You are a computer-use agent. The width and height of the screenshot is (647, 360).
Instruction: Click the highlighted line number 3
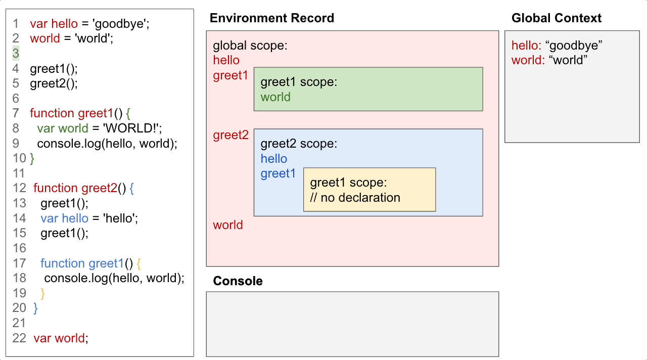(16, 53)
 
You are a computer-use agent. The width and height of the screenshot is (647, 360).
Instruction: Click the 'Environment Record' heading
(271, 18)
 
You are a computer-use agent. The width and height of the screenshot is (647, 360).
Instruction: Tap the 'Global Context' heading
(556, 18)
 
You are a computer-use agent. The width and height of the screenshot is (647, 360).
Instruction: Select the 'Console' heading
(238, 281)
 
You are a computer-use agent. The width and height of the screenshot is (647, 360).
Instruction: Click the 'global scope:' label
(250, 46)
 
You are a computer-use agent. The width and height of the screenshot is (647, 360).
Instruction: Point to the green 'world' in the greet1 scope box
(275, 97)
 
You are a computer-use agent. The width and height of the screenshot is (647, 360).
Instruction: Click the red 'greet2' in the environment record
(230, 135)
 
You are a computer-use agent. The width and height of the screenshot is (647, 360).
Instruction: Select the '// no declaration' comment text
(355, 197)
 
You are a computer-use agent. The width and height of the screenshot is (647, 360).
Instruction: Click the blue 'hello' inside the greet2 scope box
(273, 159)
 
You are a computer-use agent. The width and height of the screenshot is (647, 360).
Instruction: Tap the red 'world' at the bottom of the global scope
(227, 225)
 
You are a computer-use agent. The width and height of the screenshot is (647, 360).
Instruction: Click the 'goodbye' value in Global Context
(574, 46)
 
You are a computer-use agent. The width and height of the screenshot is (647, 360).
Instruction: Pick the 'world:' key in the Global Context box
(528, 60)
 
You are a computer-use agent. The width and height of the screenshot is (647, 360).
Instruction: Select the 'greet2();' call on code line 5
(54, 83)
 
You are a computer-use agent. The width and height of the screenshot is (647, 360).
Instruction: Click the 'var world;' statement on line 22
(61, 338)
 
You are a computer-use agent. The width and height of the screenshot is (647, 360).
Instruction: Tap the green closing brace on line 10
(32, 158)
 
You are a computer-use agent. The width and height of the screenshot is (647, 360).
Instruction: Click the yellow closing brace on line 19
(42, 293)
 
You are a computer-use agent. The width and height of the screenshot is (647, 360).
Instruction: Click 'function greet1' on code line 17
(82, 263)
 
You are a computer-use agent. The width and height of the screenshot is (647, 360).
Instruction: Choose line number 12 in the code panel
(19, 188)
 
